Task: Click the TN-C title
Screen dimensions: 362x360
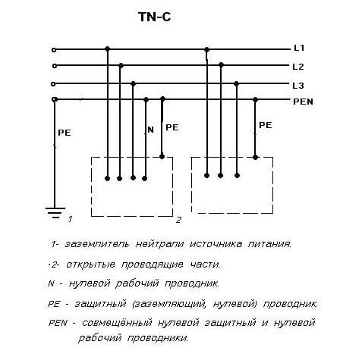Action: tap(155, 17)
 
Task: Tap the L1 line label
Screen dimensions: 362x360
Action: tap(299, 48)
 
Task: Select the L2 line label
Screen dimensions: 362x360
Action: tap(298, 67)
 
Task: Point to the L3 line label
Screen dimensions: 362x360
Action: tap(298, 86)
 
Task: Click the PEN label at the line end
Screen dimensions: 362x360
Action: tap(303, 102)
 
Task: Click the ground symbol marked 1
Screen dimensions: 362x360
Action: tap(55, 213)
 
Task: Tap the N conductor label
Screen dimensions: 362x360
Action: tap(150, 130)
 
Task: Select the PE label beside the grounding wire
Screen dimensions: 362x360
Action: tap(65, 133)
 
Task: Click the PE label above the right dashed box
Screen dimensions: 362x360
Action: tap(266, 125)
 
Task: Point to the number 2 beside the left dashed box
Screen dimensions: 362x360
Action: tap(178, 220)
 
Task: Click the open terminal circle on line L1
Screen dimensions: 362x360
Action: tap(54, 50)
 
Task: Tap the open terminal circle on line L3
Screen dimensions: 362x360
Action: tap(53, 84)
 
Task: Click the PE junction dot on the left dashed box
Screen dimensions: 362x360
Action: tap(162, 157)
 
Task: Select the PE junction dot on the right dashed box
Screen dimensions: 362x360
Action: tap(255, 158)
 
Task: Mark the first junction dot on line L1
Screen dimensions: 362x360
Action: tap(108, 49)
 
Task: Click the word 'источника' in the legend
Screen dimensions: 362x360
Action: tap(216, 244)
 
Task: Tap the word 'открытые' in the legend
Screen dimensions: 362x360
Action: tap(90, 265)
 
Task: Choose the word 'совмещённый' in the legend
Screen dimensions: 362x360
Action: tap(117, 323)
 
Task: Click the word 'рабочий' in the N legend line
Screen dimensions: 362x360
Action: tap(137, 283)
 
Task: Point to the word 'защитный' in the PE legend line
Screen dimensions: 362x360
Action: tap(100, 304)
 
